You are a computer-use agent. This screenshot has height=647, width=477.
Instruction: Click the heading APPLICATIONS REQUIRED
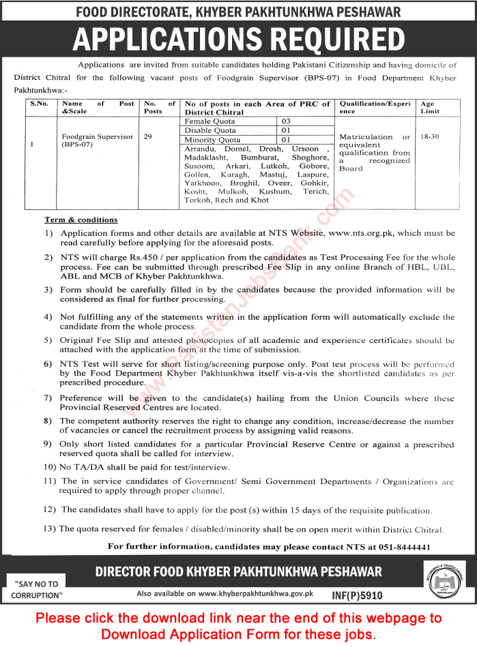point(238,39)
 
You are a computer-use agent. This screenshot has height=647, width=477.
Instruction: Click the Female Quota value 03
point(286,121)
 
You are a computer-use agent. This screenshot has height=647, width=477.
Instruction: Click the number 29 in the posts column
point(147,136)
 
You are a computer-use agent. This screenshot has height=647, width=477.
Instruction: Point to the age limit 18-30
point(430,136)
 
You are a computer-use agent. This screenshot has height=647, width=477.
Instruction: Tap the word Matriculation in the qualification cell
point(366,136)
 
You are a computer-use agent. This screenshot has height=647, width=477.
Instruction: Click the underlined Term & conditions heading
point(81,220)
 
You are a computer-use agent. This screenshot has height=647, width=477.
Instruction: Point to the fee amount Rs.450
point(140,258)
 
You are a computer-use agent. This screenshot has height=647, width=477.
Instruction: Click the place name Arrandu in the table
point(199,149)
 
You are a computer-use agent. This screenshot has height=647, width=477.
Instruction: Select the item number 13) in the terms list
point(49,528)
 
